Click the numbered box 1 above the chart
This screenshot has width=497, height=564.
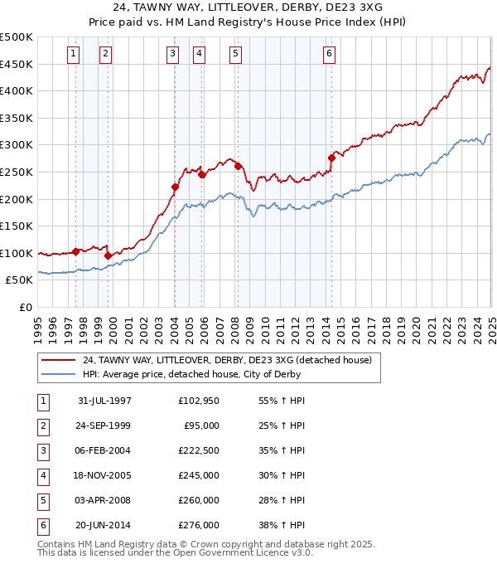pyautogui.click(x=74, y=54)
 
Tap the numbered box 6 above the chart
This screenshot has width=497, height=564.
pyautogui.click(x=329, y=54)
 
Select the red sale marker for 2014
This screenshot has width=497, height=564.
pyautogui.click(x=331, y=158)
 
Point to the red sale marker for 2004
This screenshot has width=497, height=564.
pyautogui.click(x=175, y=187)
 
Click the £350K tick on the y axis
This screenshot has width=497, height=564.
pyautogui.click(x=17, y=118)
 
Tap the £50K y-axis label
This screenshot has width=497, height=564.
pyautogui.click(x=20, y=280)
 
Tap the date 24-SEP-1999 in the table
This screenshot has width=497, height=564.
pyautogui.click(x=104, y=426)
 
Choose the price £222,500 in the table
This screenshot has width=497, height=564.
pyautogui.click(x=199, y=451)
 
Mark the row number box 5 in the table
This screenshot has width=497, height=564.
pyautogui.click(x=42, y=501)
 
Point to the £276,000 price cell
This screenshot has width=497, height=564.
pyautogui.click(x=199, y=526)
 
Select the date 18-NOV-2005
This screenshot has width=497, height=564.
pyautogui.click(x=104, y=476)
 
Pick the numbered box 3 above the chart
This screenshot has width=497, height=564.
pyautogui.click(x=172, y=54)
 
